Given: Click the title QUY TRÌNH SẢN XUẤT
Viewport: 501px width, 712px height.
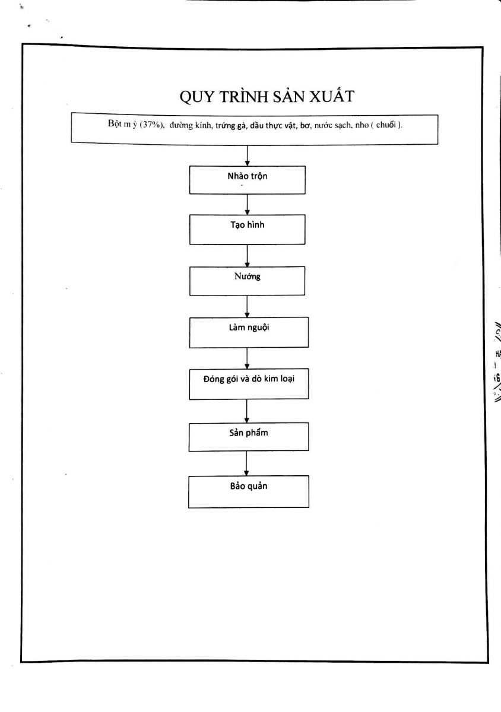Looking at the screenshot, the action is tap(267, 96).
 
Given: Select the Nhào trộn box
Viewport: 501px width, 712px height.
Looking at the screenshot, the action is tap(247, 180).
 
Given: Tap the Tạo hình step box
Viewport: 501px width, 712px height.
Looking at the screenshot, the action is tap(247, 230).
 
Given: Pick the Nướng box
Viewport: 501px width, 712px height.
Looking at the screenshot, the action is tap(247, 281).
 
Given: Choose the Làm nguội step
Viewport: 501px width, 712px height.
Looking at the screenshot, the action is tap(249, 332).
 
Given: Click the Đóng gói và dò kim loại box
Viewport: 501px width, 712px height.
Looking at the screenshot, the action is tap(249, 384).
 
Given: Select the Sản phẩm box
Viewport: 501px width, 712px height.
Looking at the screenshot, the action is tap(249, 437).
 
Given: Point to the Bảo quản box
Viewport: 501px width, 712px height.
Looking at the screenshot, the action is tap(249, 491).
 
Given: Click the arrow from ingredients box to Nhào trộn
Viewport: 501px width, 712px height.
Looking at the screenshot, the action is tap(247, 155).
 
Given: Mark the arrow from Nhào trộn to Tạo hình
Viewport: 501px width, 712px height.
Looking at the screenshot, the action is tap(247, 204).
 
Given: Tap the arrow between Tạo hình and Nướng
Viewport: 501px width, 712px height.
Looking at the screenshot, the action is tap(247, 256).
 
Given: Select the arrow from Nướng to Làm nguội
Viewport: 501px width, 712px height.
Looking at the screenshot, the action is tap(247, 306).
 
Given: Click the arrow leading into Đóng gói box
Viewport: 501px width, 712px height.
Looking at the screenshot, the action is tap(247, 358).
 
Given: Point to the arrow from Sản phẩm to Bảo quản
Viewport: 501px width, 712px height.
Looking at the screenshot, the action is tap(246, 463).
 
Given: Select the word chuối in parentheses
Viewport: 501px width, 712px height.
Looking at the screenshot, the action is tap(386, 125).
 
